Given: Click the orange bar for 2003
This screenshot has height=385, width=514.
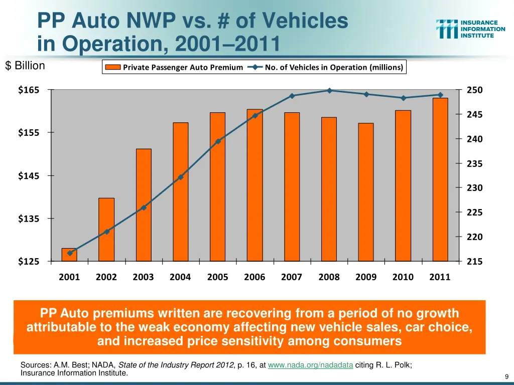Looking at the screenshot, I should click(x=144, y=205).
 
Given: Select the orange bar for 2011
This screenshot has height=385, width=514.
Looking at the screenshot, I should click(x=440, y=179).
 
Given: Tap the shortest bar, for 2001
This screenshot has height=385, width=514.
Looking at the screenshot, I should click(x=69, y=255).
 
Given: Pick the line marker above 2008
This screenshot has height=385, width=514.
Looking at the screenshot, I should click(x=329, y=91).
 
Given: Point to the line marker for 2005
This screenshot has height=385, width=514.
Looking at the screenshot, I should click(x=218, y=141).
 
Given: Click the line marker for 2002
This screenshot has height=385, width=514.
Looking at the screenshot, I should click(x=106, y=232).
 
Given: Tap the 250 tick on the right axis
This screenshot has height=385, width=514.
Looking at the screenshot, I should click(x=474, y=90).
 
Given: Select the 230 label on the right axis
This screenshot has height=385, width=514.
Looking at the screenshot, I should click(x=474, y=188).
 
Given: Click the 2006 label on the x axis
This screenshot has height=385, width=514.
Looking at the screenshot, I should click(x=254, y=277).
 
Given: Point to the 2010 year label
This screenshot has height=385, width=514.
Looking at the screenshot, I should click(x=403, y=277).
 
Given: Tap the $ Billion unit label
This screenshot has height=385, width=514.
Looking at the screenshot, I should click(x=25, y=66).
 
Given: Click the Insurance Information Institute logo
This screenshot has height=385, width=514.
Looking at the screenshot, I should click(x=470, y=29).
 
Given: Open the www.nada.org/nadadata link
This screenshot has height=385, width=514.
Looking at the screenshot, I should click(x=310, y=365).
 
